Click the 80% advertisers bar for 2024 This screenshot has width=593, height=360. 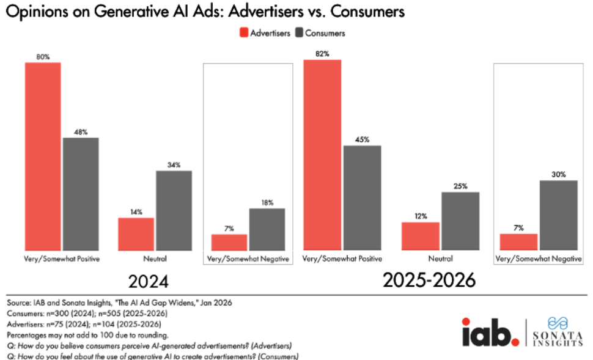[x=43, y=156]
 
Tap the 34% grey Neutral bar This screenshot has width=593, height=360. [x=174, y=210]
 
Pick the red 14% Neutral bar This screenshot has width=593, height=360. [x=136, y=233]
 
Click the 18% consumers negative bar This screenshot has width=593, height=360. [x=267, y=229]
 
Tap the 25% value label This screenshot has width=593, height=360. [x=460, y=185]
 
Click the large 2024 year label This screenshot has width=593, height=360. [x=149, y=282]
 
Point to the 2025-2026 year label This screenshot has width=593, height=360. [x=429, y=281]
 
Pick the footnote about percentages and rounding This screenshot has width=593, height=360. [x=87, y=336]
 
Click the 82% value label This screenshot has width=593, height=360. [x=322, y=54]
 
